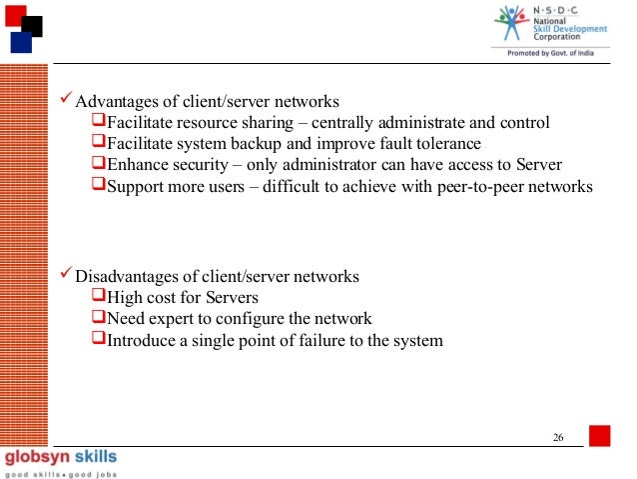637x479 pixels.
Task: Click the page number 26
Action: (558, 439)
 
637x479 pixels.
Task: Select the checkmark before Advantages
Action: (67, 101)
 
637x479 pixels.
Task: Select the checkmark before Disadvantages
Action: (67, 275)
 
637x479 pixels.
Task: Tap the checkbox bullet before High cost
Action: (98, 297)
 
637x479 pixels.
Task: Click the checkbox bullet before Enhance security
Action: (98, 164)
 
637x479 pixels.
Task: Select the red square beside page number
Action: (599, 436)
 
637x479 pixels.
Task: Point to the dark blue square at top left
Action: (20, 42)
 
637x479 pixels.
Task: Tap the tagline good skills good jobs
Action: (59, 473)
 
